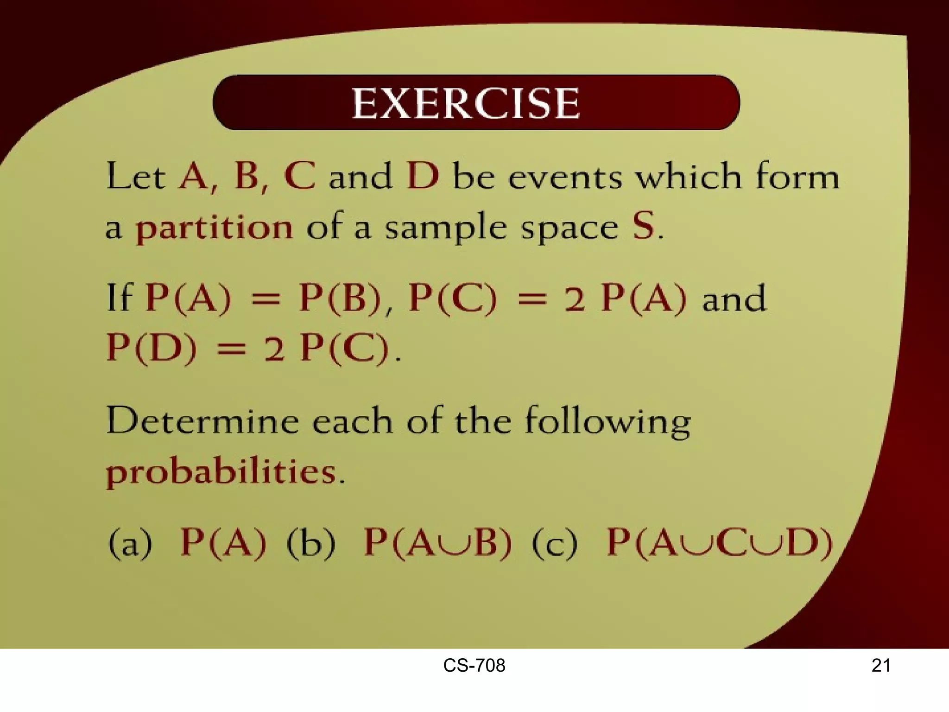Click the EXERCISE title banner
(476, 102)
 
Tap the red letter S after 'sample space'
(644, 226)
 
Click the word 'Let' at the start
(136, 177)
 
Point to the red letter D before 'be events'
(422, 176)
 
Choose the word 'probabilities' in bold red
(221, 473)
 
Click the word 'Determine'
(202, 421)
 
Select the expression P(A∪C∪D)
(720, 542)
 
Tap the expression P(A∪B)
(437, 542)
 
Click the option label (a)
(130, 543)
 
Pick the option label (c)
(555, 543)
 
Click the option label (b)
(310, 542)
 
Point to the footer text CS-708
(474, 666)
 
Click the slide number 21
(880, 666)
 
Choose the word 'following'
(607, 422)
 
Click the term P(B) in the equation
(340, 298)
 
